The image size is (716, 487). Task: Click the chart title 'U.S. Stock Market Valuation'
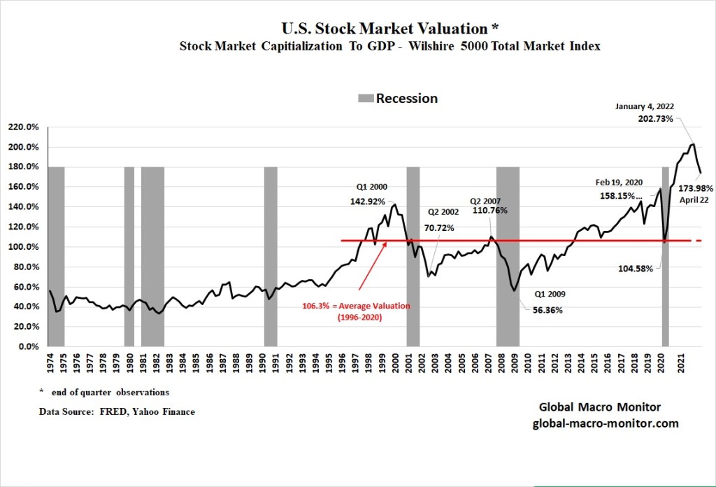pyautogui.click(x=385, y=29)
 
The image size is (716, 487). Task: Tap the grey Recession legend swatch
pyautogui.click(x=366, y=99)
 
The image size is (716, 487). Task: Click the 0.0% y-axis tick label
pyautogui.click(x=29, y=346)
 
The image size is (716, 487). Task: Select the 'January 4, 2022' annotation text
pyautogui.click(x=645, y=106)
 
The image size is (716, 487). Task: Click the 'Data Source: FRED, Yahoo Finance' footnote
pyautogui.click(x=117, y=412)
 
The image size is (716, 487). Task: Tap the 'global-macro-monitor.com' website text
pyautogui.click(x=606, y=423)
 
